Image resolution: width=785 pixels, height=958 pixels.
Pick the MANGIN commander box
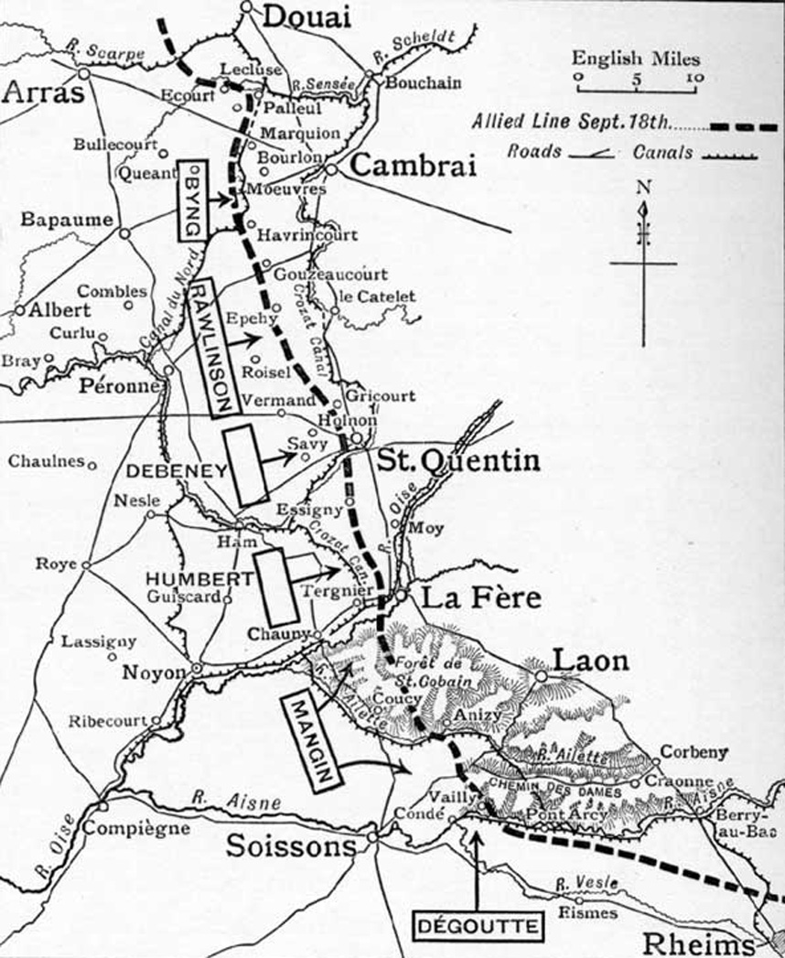pos(311,739)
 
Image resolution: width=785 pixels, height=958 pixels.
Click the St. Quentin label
pos(457,459)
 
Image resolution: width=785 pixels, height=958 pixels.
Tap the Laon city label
pos(577,660)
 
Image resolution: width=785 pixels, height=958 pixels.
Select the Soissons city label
pos(291,846)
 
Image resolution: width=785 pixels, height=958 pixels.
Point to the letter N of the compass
pos(643,188)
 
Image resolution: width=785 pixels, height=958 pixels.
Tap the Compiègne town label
pos(136,829)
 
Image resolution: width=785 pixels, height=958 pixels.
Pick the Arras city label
pos(42,92)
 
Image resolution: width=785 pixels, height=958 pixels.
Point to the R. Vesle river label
pos(586,883)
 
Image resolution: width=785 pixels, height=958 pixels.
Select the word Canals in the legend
pos(662,152)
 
